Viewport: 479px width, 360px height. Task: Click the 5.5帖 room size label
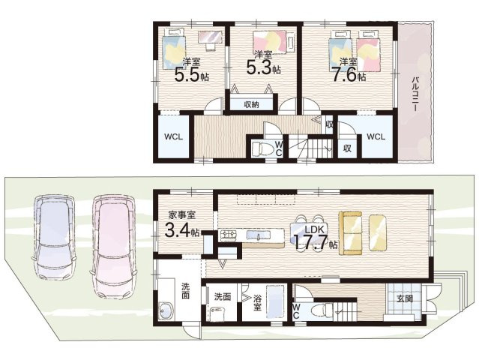point(192,74)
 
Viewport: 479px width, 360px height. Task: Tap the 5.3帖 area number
point(263,68)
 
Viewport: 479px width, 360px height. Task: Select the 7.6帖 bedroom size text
point(349,75)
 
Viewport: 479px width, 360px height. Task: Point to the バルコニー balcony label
point(415,94)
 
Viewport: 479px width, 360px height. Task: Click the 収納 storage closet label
point(251,105)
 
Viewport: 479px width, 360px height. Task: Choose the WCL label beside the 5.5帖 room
point(173,136)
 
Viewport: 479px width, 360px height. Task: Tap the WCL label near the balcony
point(376,136)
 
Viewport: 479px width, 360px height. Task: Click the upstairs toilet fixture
point(263,148)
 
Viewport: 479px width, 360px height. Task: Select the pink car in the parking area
point(113,247)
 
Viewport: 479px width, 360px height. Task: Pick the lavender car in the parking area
point(55,237)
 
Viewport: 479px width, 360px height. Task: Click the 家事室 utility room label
point(182,215)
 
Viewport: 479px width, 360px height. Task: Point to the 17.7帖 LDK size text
point(315,241)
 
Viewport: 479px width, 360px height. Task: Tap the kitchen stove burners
point(229,235)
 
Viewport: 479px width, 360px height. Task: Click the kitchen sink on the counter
point(258,235)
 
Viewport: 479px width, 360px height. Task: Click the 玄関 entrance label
point(405,298)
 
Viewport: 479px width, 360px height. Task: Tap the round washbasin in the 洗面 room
point(166,310)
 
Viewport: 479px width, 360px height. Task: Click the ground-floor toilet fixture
point(322,310)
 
